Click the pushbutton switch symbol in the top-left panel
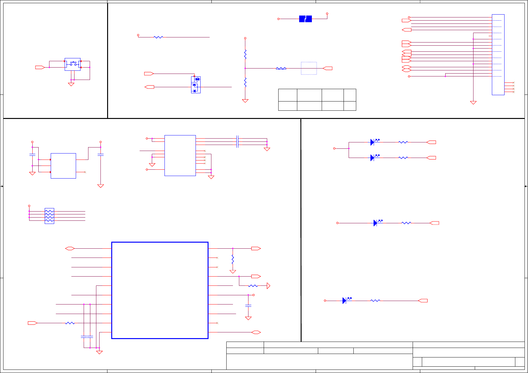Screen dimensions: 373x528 (73, 64)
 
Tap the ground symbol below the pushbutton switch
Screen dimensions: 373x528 (71, 84)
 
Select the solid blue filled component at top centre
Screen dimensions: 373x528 (305, 19)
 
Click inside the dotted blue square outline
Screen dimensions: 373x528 (309, 68)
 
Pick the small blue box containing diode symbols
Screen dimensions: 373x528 (196, 85)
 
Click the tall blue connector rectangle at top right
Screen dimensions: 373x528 (498, 55)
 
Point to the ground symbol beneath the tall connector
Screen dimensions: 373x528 (473, 102)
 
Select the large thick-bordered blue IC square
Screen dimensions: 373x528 (160, 290)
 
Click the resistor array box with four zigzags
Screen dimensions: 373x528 (49, 216)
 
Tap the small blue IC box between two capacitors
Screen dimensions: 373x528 (63, 166)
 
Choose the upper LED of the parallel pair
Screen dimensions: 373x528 (373, 142)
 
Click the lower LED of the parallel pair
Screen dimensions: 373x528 (373, 158)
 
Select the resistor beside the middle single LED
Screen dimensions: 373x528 (406, 223)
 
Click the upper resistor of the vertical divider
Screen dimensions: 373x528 (245, 54)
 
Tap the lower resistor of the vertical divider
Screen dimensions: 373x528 (245, 82)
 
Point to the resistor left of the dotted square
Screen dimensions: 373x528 (281, 68)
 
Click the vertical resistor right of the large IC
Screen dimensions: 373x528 (233, 259)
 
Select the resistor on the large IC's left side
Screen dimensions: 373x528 (70, 323)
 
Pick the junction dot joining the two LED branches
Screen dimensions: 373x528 (349, 148)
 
